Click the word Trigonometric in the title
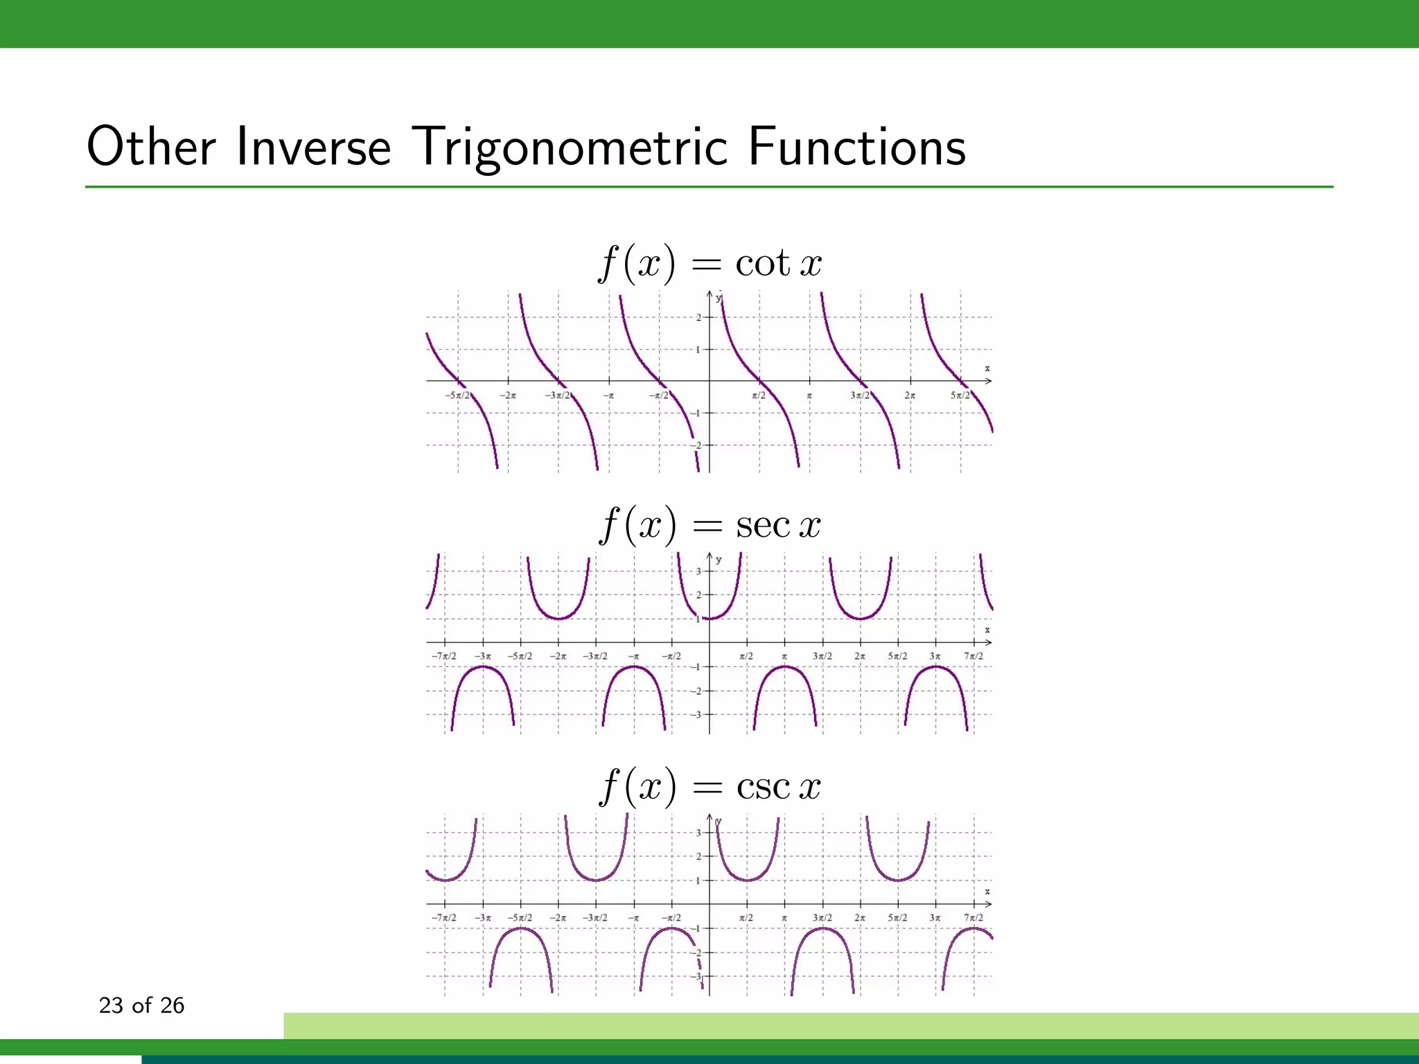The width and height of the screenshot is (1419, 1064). [x=573, y=148]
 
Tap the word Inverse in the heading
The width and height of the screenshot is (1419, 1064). [x=313, y=148]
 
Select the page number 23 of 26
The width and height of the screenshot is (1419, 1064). [x=141, y=1005]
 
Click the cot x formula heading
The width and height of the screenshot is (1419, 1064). [x=709, y=263]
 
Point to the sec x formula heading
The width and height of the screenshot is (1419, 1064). [x=709, y=524]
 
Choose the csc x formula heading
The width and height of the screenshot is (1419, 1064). [x=709, y=786]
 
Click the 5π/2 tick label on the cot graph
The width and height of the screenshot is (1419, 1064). [x=960, y=396]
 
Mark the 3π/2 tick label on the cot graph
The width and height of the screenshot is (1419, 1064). [x=859, y=396]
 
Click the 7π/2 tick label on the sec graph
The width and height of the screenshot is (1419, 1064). [x=973, y=656]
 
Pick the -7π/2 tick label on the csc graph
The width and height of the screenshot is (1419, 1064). [x=443, y=918]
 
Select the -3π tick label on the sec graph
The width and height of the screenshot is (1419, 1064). [x=483, y=656]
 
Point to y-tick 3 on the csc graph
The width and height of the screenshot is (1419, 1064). [x=698, y=833]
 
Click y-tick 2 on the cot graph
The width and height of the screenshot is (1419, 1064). [x=698, y=318]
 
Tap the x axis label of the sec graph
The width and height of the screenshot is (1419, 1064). [x=987, y=630]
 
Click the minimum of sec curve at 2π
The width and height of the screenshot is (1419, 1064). [x=860, y=618]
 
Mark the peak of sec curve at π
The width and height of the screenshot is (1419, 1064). [x=784, y=666]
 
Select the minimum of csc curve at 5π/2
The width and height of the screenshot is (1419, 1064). [x=898, y=880]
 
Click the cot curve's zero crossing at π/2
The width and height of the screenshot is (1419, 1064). [x=760, y=381]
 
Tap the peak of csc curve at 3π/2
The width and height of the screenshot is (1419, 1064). [x=822, y=928]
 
